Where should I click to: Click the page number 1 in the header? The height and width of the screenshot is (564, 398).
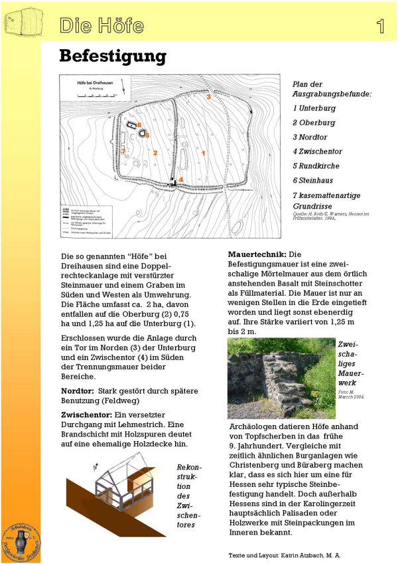[380, 26]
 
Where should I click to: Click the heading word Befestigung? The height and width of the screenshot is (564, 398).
[112, 56]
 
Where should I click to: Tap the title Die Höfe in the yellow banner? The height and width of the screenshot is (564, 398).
[101, 26]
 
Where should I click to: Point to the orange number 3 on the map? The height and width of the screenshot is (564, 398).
[208, 96]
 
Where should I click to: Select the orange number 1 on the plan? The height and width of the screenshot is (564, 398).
[204, 153]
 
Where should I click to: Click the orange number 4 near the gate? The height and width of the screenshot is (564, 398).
[180, 179]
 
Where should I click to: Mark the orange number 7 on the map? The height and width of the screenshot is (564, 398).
[123, 151]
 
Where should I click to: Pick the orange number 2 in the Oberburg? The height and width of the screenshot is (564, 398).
[155, 153]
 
